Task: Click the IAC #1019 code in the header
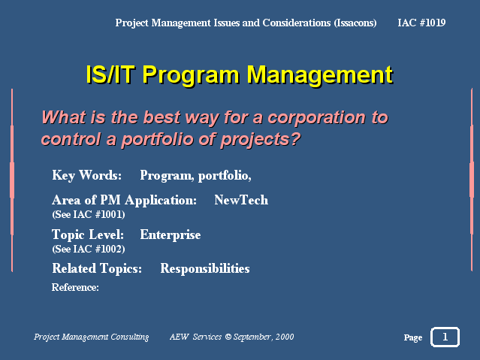pyautogui.click(x=421, y=23)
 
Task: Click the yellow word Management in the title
pyautogui.click(x=319, y=74)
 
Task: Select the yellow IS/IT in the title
pyautogui.click(x=110, y=74)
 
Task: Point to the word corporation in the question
pyautogui.click(x=317, y=117)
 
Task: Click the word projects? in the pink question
pyautogui.click(x=261, y=140)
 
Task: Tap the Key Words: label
pyautogui.click(x=87, y=176)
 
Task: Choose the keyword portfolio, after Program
pyautogui.click(x=225, y=176)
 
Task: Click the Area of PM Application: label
pyautogui.click(x=124, y=200)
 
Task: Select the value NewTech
pyautogui.click(x=241, y=200)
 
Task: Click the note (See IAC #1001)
pyautogui.click(x=89, y=214)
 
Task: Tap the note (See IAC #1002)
pyautogui.click(x=89, y=249)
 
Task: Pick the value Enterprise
pyautogui.click(x=171, y=235)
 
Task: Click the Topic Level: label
pyautogui.click(x=88, y=234)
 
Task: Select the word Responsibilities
pyautogui.click(x=205, y=269)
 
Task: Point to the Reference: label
pyautogui.click(x=75, y=287)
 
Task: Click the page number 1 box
pyautogui.click(x=445, y=337)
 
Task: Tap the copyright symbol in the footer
pyautogui.click(x=228, y=337)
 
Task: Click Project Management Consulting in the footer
pyautogui.click(x=91, y=337)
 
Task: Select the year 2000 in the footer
pyautogui.click(x=285, y=337)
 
